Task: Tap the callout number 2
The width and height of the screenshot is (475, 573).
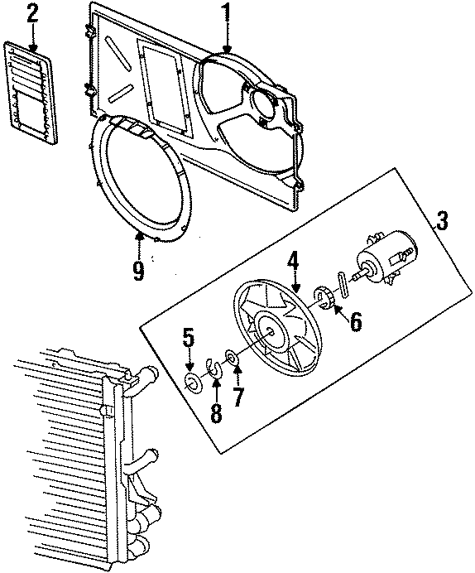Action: coord(32,13)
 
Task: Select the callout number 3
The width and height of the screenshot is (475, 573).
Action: coord(442,221)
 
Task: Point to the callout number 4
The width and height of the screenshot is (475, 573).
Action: coord(294,264)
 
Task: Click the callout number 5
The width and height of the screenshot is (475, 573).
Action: coord(189,338)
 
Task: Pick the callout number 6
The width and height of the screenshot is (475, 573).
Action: coord(355,321)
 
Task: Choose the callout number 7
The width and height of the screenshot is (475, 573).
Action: coord(237,396)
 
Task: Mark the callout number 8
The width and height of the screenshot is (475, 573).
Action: coord(216,412)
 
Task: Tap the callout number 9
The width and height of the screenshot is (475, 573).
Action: coord(137,268)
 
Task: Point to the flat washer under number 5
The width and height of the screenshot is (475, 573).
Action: coord(194,382)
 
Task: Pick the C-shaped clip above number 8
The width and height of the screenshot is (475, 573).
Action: coord(214,369)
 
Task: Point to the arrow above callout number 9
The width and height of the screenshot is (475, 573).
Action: coord(138,243)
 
